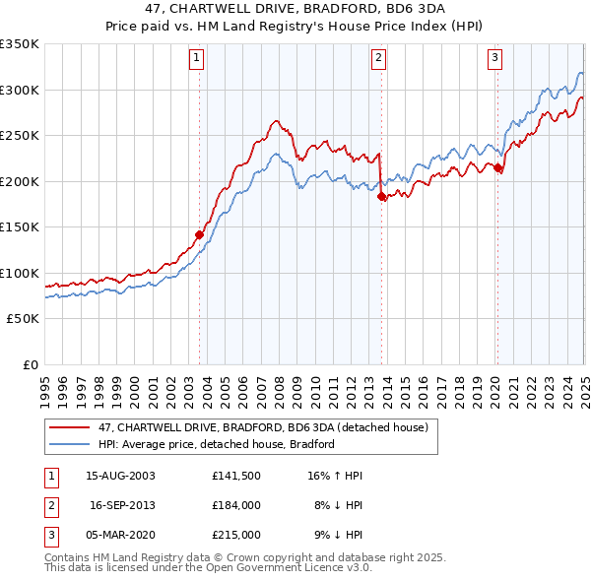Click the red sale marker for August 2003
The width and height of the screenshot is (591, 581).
pyautogui.click(x=199, y=234)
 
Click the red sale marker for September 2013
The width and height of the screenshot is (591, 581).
pyautogui.click(x=381, y=196)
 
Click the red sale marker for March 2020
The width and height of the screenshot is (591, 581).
pyautogui.click(x=498, y=168)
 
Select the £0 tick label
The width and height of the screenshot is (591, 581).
pyautogui.click(x=31, y=364)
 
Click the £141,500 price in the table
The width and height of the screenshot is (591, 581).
pyautogui.click(x=236, y=476)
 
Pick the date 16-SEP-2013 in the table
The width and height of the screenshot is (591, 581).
pyautogui.click(x=122, y=505)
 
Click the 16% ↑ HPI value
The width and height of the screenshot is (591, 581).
pyautogui.click(x=335, y=476)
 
